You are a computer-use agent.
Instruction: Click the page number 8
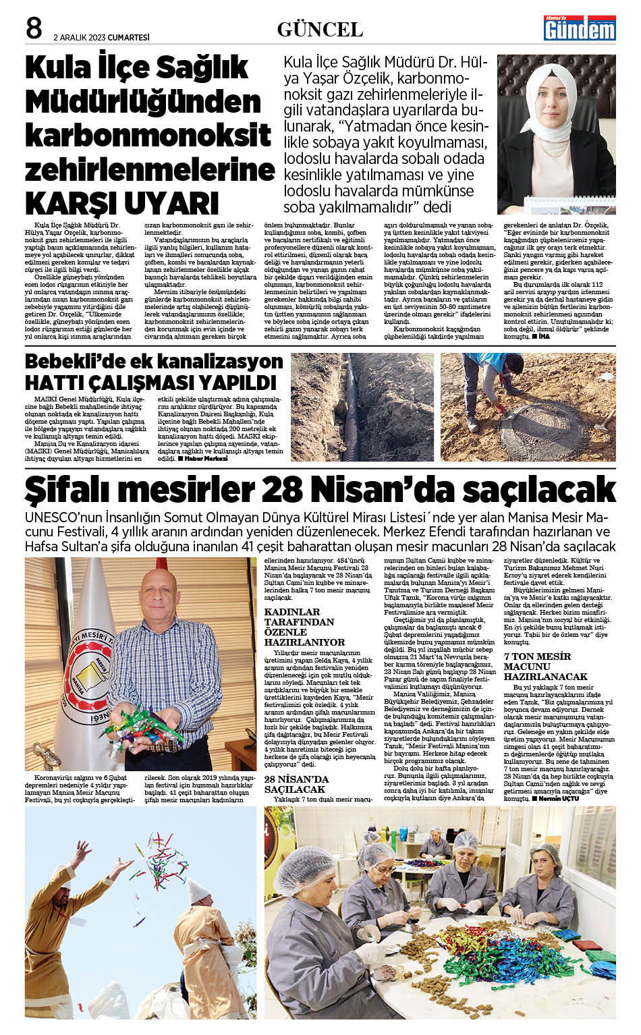[34, 28]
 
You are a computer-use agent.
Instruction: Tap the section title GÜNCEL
[320, 30]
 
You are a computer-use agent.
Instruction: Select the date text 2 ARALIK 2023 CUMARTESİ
[101, 38]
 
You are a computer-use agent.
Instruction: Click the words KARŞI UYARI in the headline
[122, 203]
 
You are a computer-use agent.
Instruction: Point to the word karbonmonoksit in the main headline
[148, 135]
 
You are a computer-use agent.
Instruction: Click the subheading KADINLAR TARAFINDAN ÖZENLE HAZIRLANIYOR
[300, 627]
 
